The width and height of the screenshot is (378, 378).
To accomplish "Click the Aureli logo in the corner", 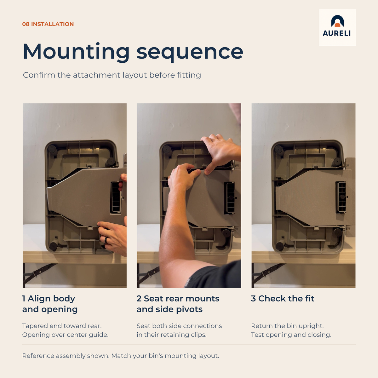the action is pyautogui.click(x=337, y=27).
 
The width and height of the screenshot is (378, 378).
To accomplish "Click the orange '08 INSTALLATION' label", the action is pyautogui.click(x=48, y=24).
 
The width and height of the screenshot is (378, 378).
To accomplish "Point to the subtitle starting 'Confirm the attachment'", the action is pyautogui.click(x=112, y=75).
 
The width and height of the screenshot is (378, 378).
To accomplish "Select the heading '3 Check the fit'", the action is pyautogui.click(x=283, y=298).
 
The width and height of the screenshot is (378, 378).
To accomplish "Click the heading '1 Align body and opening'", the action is pyautogui.click(x=50, y=304).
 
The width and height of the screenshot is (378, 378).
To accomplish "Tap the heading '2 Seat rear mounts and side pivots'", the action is pyautogui.click(x=178, y=304).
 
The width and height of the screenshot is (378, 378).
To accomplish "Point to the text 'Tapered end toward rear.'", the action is pyautogui.click(x=62, y=326).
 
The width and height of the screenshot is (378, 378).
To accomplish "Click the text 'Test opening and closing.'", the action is pyautogui.click(x=291, y=335).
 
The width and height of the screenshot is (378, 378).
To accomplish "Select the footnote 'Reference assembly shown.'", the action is pyautogui.click(x=66, y=356).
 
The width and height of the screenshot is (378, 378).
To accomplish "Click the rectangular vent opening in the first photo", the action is pyautogui.click(x=116, y=197).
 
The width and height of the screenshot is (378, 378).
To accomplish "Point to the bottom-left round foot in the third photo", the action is pyautogui.click(x=280, y=245).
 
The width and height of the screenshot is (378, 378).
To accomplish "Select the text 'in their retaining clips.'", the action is pyautogui.click(x=172, y=335).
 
